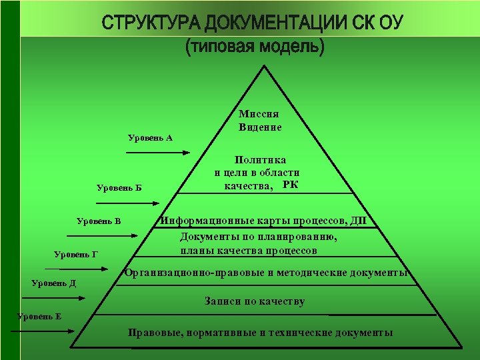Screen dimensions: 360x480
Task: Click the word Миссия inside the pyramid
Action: click(259, 115)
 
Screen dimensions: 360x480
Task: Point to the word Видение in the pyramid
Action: click(259, 127)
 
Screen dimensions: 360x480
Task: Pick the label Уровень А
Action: click(150, 138)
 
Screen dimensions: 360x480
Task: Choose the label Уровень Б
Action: click(119, 188)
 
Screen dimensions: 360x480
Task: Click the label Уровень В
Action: click(99, 221)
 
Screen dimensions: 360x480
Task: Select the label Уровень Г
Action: click(76, 253)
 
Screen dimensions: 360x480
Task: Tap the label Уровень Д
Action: click(54, 283)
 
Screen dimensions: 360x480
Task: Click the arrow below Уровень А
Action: click(158, 153)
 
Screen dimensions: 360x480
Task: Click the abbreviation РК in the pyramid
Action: click(290, 185)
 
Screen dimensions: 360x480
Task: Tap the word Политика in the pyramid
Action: click(259, 160)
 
